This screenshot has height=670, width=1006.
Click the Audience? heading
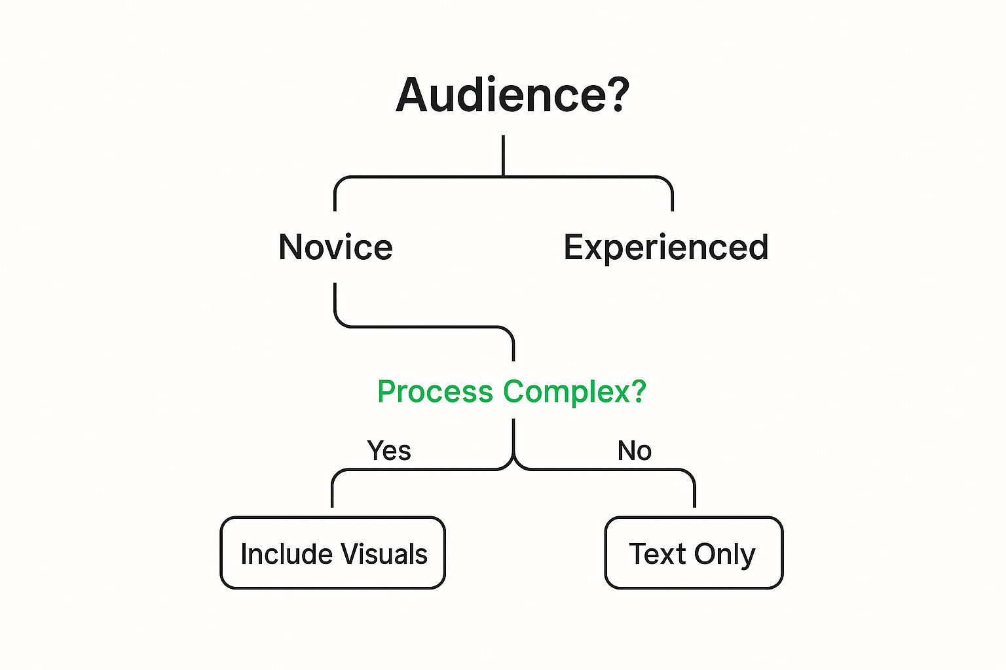pyautogui.click(x=512, y=95)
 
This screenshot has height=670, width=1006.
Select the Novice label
pyautogui.click(x=335, y=247)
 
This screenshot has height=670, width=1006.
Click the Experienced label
pyautogui.click(x=665, y=248)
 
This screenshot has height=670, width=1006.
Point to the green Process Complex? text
pyautogui.click(x=512, y=392)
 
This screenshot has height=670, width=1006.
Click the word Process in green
pyautogui.click(x=435, y=392)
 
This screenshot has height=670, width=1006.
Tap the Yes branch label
pyautogui.click(x=388, y=450)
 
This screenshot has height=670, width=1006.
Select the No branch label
pyautogui.click(x=634, y=450)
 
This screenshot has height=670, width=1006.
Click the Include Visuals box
pyautogui.click(x=333, y=552)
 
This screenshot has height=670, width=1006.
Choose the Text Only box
pyautogui.click(x=694, y=552)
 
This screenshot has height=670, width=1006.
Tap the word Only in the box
pyautogui.click(x=725, y=555)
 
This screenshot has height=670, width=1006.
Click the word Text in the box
pyautogui.click(x=658, y=554)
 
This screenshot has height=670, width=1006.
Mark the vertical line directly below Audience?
pyautogui.click(x=503, y=155)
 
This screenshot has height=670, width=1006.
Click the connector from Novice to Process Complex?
pyautogui.click(x=424, y=326)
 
